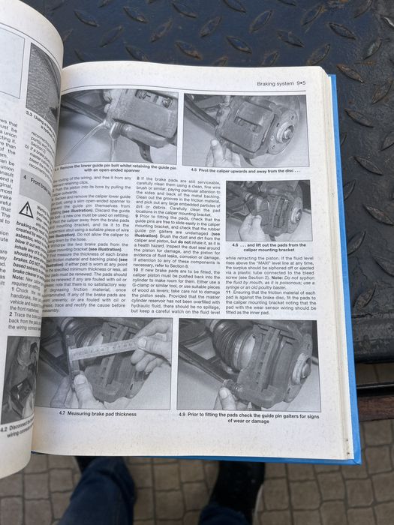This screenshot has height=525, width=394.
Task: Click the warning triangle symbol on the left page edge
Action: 26,209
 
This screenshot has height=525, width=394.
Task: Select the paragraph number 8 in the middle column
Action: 140,178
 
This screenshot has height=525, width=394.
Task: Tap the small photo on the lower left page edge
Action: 19,375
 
